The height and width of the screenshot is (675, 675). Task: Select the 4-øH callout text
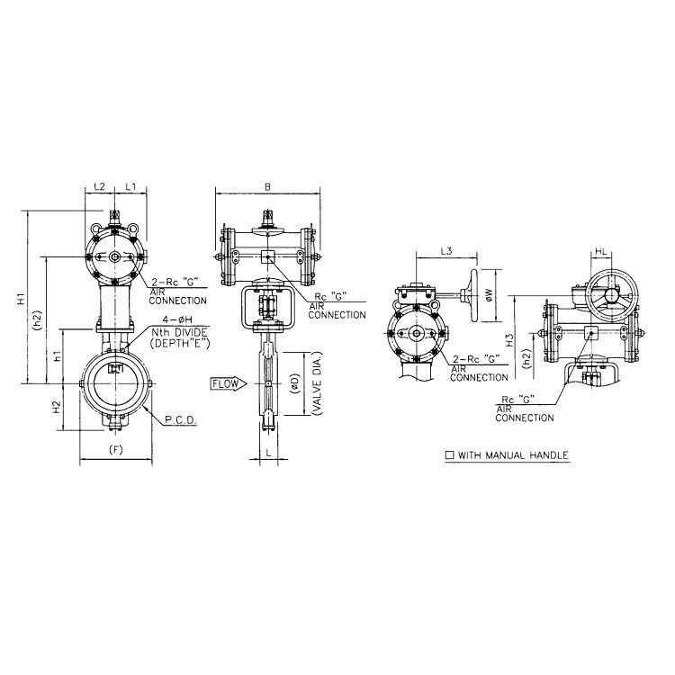tap(175, 319)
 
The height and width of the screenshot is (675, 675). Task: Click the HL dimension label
tap(601, 254)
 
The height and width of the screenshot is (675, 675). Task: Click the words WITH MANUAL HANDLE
tap(513, 456)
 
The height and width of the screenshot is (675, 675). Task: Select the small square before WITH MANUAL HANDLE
tap(449, 456)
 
